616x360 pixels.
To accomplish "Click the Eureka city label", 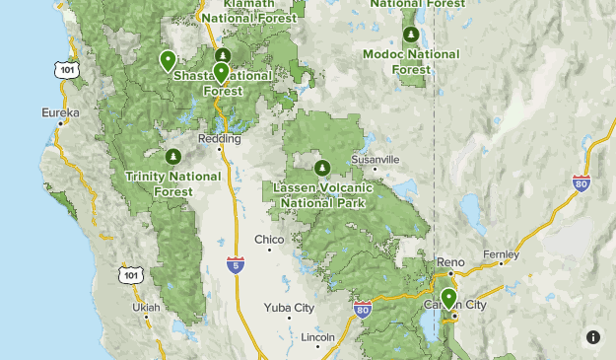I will click(x=59, y=113).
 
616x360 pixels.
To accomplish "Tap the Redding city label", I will click(x=220, y=139).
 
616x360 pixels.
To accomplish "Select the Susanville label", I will click(x=376, y=159).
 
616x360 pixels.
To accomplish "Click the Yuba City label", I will click(x=289, y=308).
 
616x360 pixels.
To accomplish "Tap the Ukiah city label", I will click(x=146, y=308).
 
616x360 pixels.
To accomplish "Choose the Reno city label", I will click(x=450, y=262).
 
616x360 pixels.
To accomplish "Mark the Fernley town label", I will click(x=501, y=254).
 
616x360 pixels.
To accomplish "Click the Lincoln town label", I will click(x=318, y=337).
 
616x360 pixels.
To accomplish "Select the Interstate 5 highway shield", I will click(x=235, y=264).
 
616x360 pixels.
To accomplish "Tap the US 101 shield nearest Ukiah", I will click(x=129, y=274).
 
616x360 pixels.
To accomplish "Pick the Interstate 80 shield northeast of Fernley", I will click(x=582, y=182).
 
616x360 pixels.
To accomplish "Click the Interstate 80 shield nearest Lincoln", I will click(x=363, y=310).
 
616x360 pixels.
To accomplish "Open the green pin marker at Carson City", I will click(x=448, y=299).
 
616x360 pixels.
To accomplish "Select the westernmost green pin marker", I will click(x=168, y=61).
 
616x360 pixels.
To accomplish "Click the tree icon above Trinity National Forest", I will click(x=173, y=156).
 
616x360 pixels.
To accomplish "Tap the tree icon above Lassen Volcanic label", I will click(x=322, y=166).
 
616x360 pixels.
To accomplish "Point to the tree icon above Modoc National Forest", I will click(x=400, y=35).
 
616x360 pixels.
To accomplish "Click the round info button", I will click(x=592, y=336).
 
